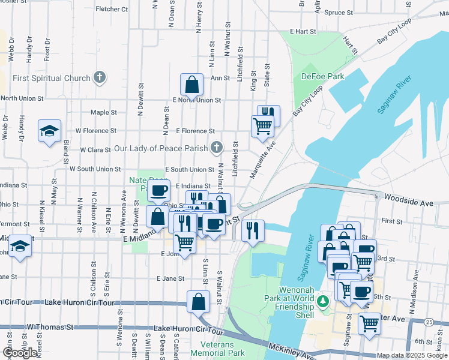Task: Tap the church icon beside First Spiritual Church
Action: [x=100, y=77]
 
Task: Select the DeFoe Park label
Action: [x=322, y=76]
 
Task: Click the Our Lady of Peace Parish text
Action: [x=160, y=148]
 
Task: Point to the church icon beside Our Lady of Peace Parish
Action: [x=217, y=148]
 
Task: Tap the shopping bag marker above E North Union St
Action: [x=191, y=85]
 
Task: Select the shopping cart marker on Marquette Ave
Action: [x=262, y=127]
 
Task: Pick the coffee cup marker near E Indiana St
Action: [x=159, y=191]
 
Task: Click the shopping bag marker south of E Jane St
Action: [x=198, y=302]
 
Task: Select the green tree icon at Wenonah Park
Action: [x=324, y=300]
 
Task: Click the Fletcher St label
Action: [x=111, y=10]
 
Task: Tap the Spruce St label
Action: [x=338, y=12]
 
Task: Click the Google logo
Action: [x=20, y=353]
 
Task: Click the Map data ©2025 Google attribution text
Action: [x=412, y=356]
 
